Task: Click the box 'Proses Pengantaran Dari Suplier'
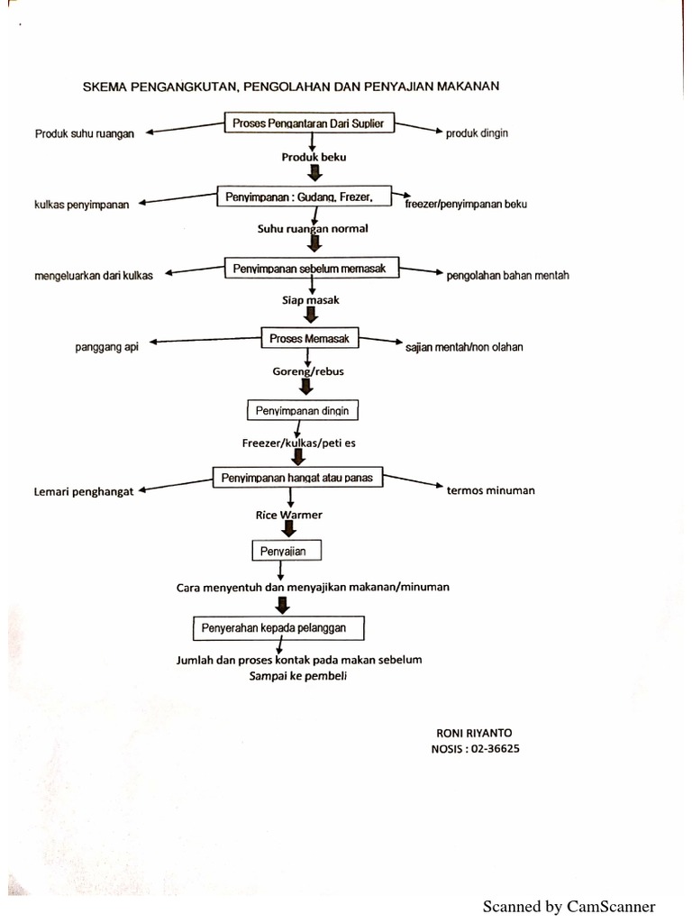pyautogui.click(x=310, y=123)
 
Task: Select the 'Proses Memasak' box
pyautogui.click(x=310, y=338)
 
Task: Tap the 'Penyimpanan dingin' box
pyautogui.click(x=303, y=411)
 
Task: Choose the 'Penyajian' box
pyautogui.click(x=285, y=549)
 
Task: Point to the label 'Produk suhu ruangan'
pyautogui.click(x=85, y=133)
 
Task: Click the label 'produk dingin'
pyautogui.click(x=477, y=133)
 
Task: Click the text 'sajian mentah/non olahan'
pyautogui.click(x=464, y=346)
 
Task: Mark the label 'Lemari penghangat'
pyautogui.click(x=85, y=492)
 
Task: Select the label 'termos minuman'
pyautogui.click(x=490, y=490)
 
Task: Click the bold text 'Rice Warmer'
pyautogui.click(x=288, y=516)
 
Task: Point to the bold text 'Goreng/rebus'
pyautogui.click(x=308, y=370)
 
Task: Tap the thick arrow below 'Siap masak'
pyautogui.click(x=311, y=315)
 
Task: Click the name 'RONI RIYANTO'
pyautogui.click(x=473, y=733)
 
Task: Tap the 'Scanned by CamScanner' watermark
pyautogui.click(x=569, y=906)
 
